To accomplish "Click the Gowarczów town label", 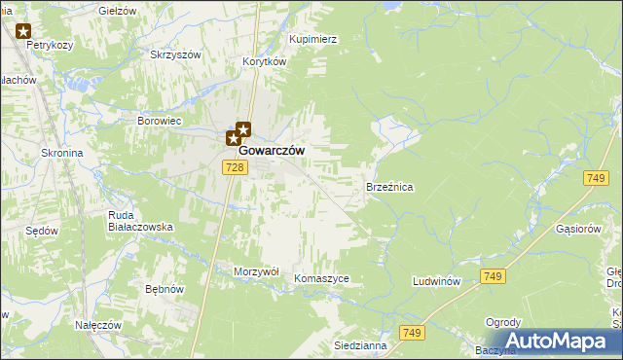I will (272, 151).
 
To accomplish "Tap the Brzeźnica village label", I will (389, 185).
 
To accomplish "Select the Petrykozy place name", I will (52, 45).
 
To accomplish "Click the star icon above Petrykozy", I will (23, 30).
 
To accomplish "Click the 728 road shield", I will (234, 168).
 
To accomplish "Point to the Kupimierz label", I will (312, 40).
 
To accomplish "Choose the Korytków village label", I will (264, 60).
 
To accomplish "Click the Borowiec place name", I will (160, 122).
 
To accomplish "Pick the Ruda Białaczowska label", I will (140, 220).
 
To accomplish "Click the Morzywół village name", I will (257, 271).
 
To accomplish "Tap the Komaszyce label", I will (321, 278).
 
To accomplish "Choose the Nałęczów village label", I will (97, 324).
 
